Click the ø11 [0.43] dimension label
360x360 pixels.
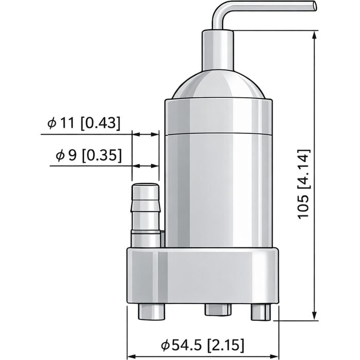pyautogui.click(x=83, y=123)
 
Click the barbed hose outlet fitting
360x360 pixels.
pyautogui.click(x=146, y=211)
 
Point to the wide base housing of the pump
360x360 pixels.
pyautogui.click(x=203, y=275)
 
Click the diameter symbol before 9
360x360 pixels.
pyautogui.click(x=59, y=155)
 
